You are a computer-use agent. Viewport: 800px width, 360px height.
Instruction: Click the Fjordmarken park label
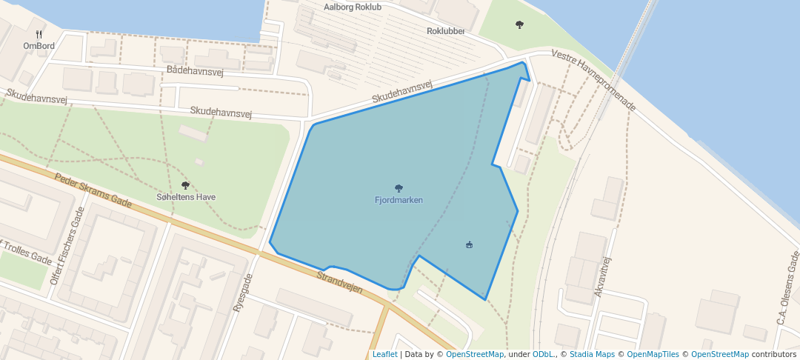(399, 200)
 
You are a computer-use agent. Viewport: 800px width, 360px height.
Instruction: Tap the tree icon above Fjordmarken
(399, 188)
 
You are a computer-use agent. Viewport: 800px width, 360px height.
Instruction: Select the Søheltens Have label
(186, 197)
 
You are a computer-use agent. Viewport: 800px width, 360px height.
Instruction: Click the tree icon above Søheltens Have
(185, 185)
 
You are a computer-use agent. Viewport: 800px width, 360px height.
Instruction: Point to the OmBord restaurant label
(39, 46)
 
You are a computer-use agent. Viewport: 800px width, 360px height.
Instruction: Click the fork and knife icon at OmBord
(39, 34)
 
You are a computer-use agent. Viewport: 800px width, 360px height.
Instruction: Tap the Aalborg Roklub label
(353, 7)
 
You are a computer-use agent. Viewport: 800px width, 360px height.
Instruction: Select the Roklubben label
(446, 31)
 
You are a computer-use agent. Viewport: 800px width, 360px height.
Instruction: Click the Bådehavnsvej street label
(196, 70)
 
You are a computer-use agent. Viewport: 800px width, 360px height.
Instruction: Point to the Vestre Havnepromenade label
(594, 81)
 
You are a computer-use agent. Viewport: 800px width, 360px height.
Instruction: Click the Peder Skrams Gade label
(93, 190)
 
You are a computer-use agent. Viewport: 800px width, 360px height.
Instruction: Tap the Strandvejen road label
(339, 282)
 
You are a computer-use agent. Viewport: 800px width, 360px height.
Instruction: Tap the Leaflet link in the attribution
(384, 354)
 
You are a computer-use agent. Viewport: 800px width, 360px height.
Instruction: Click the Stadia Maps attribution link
(591, 354)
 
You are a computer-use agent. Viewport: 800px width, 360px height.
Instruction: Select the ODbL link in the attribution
(544, 354)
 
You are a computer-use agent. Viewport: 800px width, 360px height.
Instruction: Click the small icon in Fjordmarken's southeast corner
(469, 244)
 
